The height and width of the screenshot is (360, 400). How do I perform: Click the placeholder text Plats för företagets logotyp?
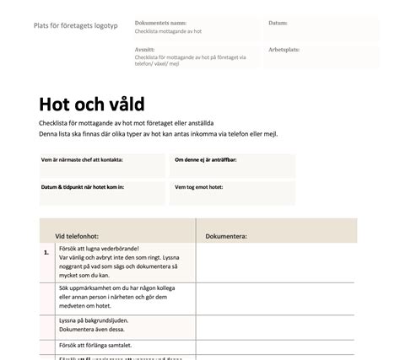(75, 24)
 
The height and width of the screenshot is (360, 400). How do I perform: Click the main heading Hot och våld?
(91, 105)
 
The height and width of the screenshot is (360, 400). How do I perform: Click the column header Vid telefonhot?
(80, 237)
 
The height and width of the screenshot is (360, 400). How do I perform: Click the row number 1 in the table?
(45, 252)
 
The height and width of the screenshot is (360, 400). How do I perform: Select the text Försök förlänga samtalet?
(98, 344)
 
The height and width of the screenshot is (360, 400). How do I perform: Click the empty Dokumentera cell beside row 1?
(276, 263)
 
